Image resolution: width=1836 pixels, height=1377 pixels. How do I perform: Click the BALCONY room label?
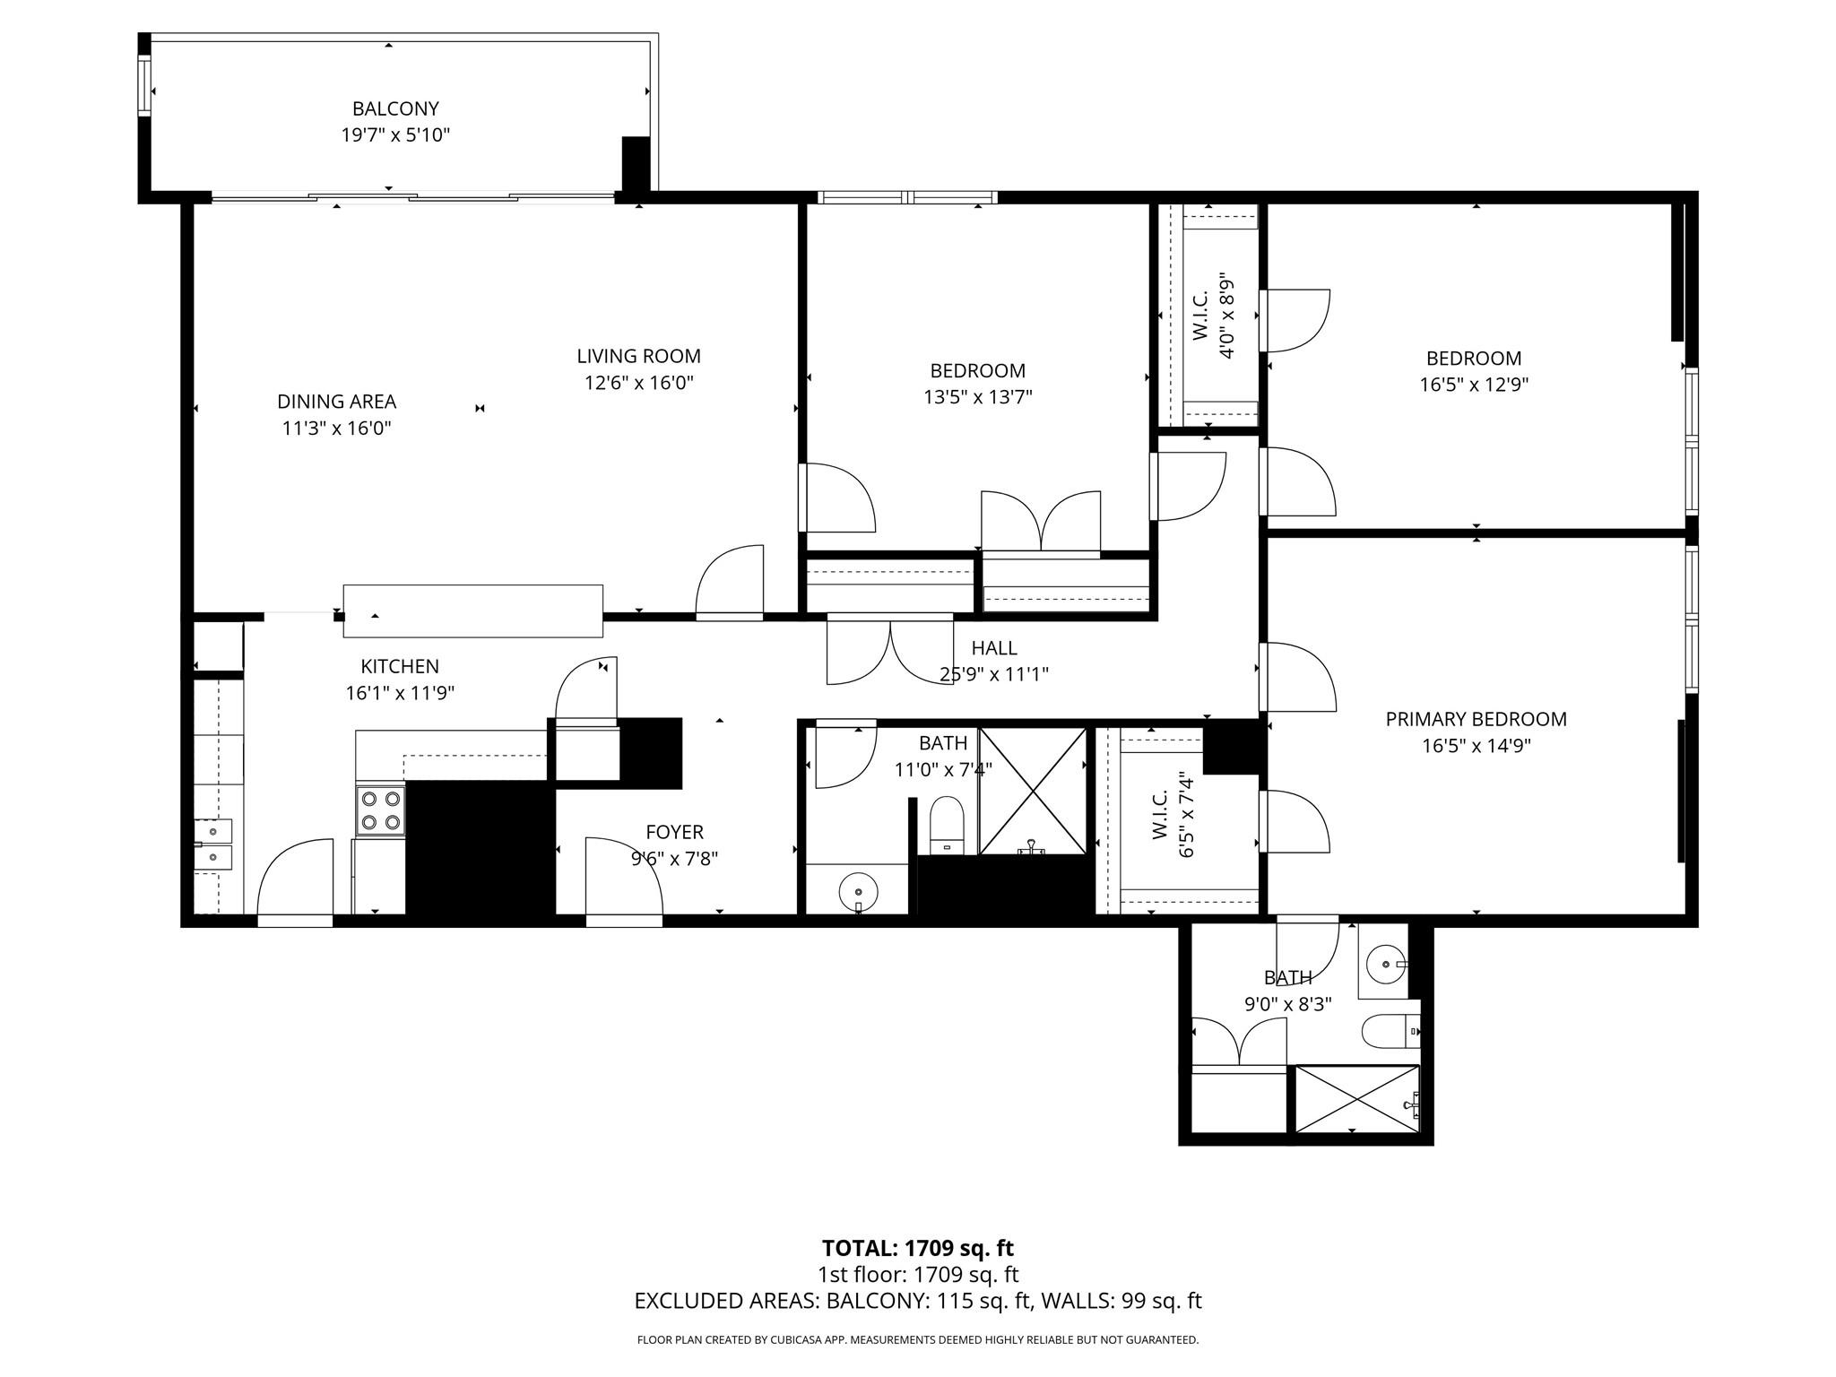click(395, 108)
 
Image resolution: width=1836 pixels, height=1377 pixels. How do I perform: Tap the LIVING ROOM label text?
click(638, 356)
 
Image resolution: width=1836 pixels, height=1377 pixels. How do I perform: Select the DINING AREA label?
click(336, 402)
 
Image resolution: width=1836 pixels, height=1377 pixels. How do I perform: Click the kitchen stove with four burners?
click(380, 810)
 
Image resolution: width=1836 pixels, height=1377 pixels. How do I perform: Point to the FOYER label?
click(674, 832)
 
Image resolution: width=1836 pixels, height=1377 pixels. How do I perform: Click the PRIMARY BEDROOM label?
click(1476, 719)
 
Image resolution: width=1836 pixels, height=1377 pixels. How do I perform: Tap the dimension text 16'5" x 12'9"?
click(1474, 385)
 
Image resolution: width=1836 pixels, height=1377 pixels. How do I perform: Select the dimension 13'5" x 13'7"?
click(978, 396)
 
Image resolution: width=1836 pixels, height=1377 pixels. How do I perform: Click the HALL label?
click(994, 647)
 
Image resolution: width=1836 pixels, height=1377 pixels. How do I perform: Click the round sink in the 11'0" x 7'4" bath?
click(859, 892)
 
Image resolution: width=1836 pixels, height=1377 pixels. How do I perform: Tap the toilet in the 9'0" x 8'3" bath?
click(1390, 1032)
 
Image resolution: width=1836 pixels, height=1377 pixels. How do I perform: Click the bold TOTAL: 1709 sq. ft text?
click(918, 1248)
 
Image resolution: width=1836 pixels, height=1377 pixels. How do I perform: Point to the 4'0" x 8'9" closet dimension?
click(1227, 316)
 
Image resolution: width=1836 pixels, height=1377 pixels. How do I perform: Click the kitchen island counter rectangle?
click(472, 611)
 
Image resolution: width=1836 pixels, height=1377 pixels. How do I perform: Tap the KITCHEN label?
click(400, 666)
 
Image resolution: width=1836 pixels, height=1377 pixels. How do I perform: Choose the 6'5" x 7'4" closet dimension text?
click(1186, 814)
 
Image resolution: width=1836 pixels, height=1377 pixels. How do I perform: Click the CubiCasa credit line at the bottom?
click(918, 1340)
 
